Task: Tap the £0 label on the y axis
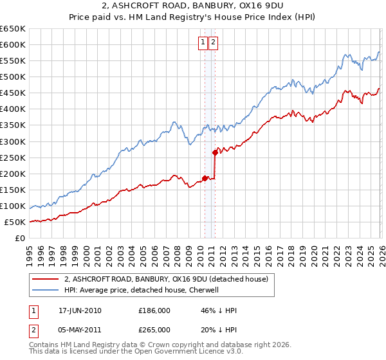click(x=21, y=238)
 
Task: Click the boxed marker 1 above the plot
click(x=203, y=43)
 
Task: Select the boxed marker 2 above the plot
click(x=213, y=43)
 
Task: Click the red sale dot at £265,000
click(x=215, y=152)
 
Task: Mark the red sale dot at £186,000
click(x=205, y=178)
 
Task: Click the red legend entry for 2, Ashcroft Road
click(x=170, y=278)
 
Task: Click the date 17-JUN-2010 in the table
click(x=80, y=310)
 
